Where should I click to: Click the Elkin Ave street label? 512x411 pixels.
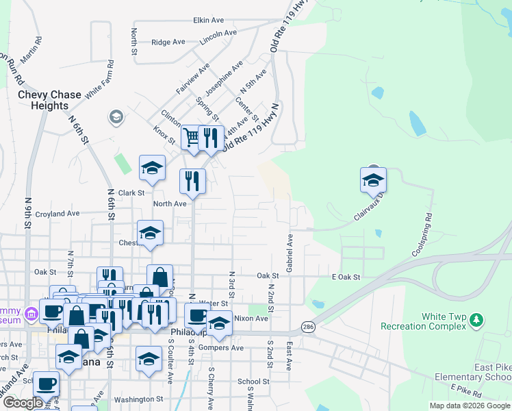209,21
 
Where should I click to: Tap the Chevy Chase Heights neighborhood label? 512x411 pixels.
49,100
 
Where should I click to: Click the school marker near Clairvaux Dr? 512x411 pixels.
373,181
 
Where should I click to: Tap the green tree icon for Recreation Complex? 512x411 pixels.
477,320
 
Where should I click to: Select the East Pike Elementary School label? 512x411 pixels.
474,372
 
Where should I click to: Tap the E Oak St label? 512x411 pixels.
345,277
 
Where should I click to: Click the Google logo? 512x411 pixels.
23,403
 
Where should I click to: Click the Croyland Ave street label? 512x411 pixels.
57,214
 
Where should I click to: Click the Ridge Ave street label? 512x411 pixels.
168,42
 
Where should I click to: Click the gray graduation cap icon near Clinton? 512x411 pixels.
116,118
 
